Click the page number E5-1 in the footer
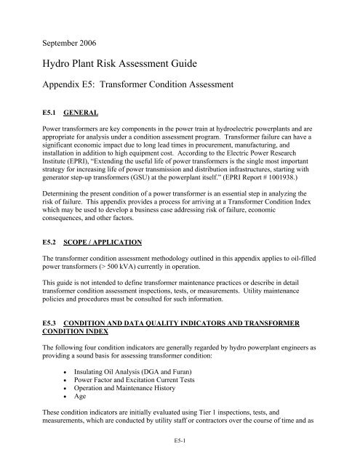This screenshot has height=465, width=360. [x=179, y=459]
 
